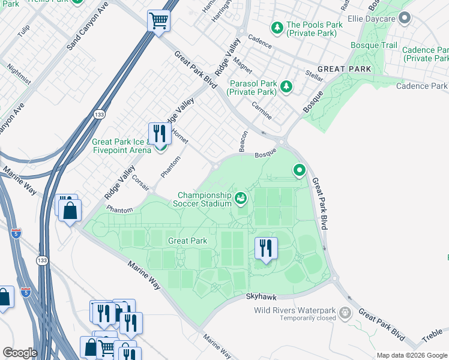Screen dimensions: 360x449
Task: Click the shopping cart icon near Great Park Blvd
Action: [159, 22]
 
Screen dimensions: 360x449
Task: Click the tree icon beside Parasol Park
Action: [286, 87]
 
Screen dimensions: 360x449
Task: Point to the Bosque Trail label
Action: [374, 46]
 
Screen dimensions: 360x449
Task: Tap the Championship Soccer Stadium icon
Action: [241, 197]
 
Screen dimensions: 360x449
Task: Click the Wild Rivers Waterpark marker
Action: [345, 313]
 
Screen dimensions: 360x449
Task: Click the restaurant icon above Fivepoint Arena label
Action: [158, 133]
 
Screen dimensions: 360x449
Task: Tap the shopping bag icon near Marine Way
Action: [70, 211]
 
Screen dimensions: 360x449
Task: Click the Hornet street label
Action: [180, 136]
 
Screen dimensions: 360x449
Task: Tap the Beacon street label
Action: [243, 140]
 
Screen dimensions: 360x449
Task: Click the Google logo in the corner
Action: [20, 353]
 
